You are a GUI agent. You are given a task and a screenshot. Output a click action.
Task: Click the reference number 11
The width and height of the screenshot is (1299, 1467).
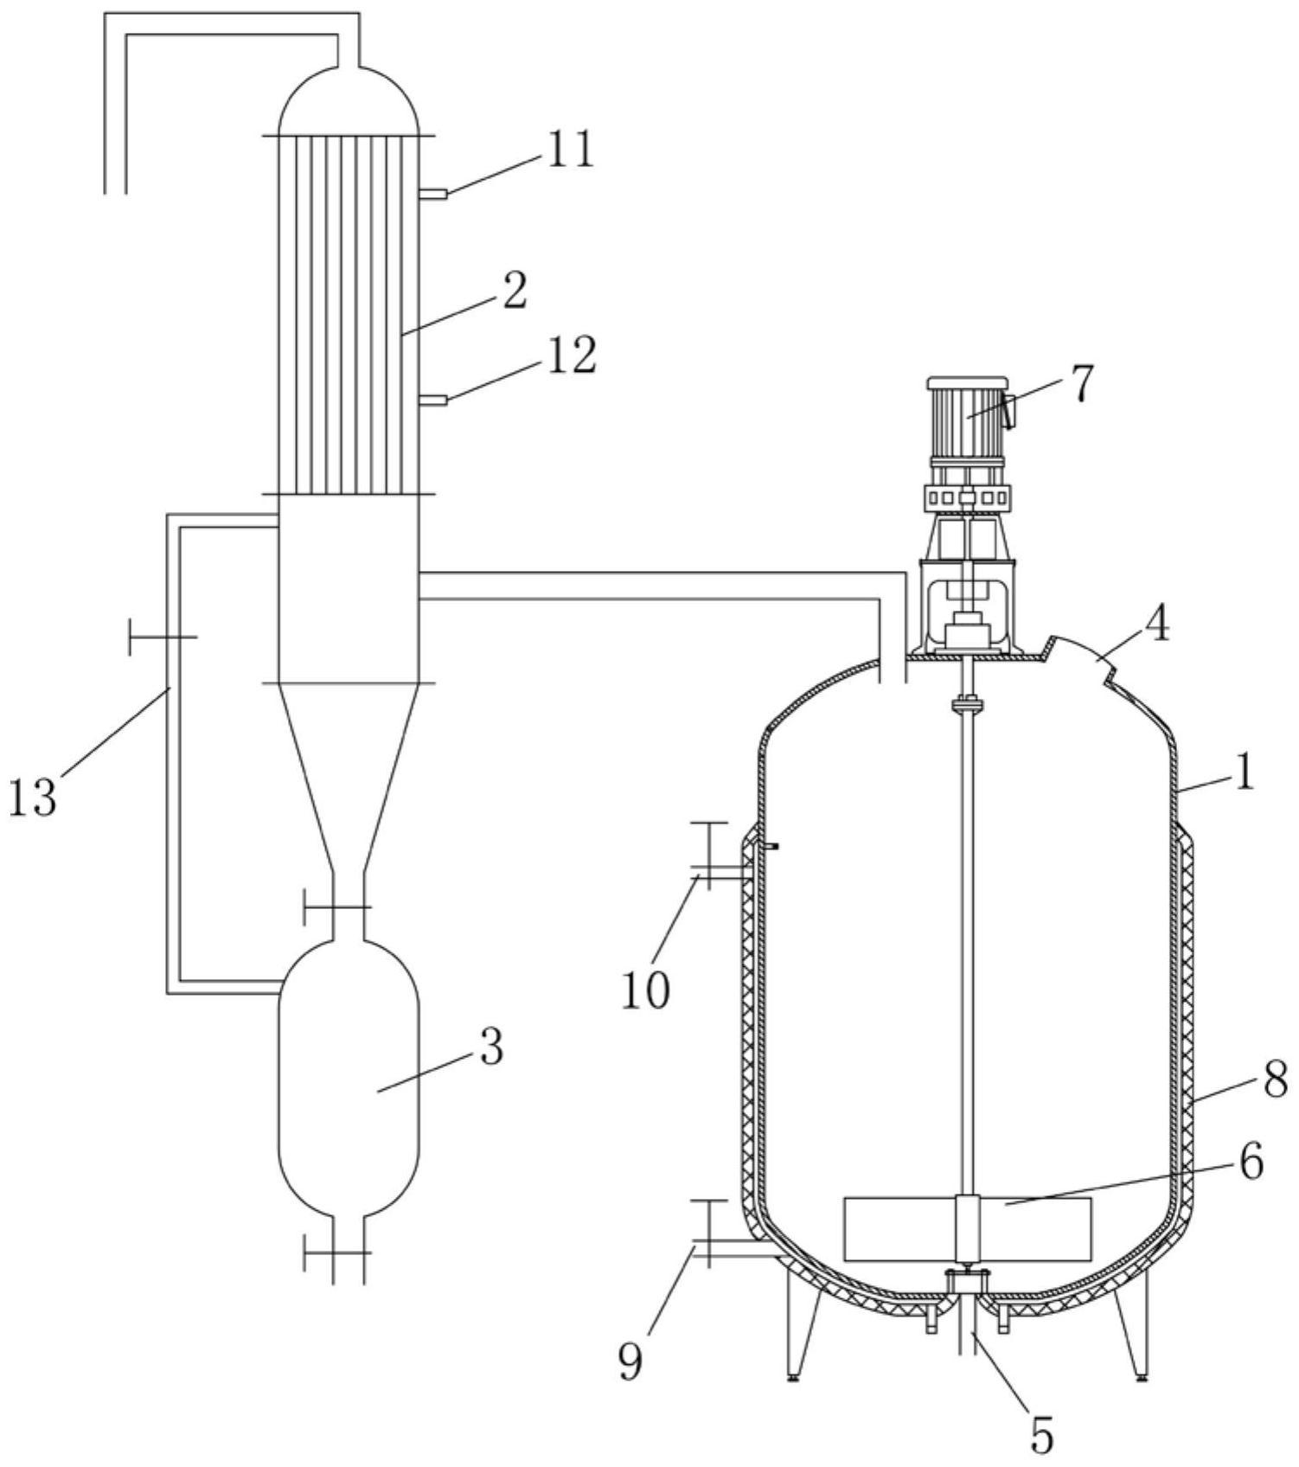pos(567,150)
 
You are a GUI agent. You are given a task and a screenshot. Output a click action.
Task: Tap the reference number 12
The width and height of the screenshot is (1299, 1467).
pos(568,355)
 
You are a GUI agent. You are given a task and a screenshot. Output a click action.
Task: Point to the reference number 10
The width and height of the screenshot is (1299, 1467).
pos(645,990)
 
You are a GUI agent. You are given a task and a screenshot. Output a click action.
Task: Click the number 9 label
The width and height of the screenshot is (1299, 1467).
pos(631,1362)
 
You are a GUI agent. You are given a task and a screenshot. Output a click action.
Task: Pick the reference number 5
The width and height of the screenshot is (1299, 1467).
pos(1043,1436)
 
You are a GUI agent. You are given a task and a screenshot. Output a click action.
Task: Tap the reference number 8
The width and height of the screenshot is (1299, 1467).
pos(1276,1080)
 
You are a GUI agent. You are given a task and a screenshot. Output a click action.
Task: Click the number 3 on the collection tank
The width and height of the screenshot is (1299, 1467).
pos(490,1047)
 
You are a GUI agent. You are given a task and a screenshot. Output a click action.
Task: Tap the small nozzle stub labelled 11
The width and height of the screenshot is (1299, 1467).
pos(432,195)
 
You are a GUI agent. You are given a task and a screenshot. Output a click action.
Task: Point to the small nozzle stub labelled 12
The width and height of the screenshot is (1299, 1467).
pos(432,400)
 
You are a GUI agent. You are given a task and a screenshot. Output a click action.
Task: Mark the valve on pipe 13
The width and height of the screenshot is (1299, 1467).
pos(163,637)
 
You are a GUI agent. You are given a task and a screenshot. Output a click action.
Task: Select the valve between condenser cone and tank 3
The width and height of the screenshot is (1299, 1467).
pos(338,906)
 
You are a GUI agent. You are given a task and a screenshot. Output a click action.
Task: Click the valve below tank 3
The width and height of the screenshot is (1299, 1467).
pos(338,1252)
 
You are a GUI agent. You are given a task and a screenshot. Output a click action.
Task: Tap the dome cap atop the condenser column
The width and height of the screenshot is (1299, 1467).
pos(348,100)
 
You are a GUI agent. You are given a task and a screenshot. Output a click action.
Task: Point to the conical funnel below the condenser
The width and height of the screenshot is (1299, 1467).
pos(348,775)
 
